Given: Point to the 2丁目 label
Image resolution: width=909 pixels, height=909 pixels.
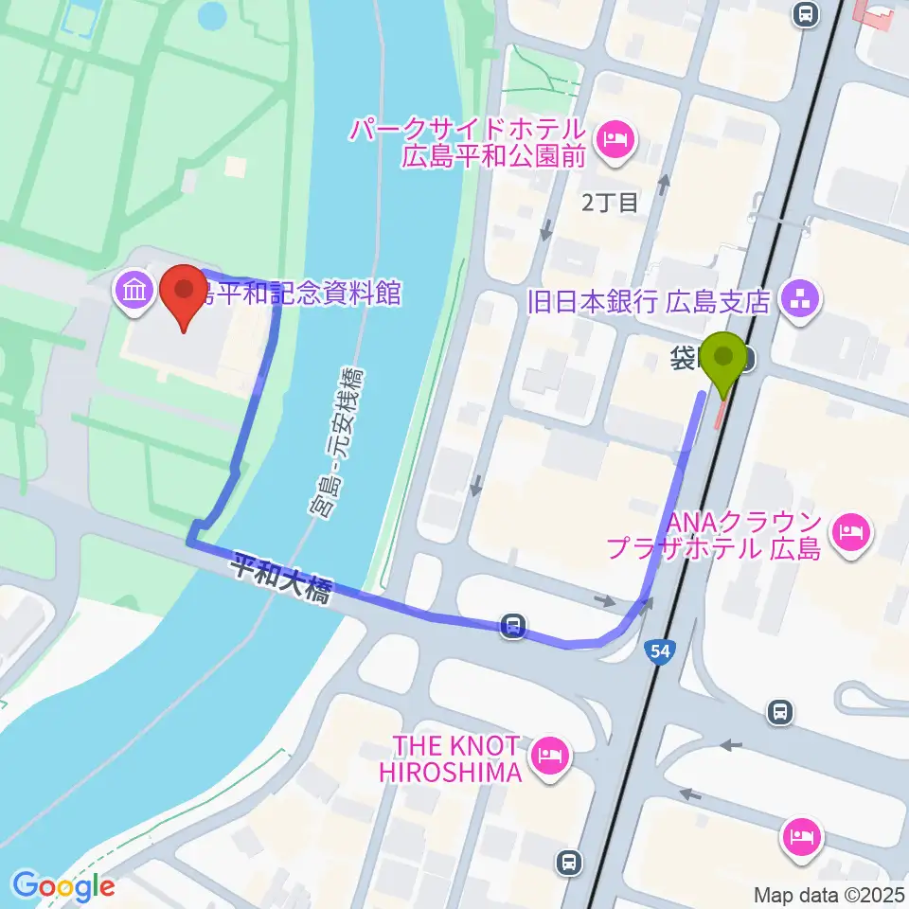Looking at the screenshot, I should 611,201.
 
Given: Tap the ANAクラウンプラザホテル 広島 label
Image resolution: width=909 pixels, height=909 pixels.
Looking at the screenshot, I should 714,535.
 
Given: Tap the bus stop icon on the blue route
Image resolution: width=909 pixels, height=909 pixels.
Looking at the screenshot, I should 513,626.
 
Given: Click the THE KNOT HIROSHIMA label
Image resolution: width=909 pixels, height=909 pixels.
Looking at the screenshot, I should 451,758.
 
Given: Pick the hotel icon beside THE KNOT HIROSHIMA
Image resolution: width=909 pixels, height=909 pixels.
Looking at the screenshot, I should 549,755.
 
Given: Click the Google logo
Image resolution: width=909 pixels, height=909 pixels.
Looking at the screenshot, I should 64,886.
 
